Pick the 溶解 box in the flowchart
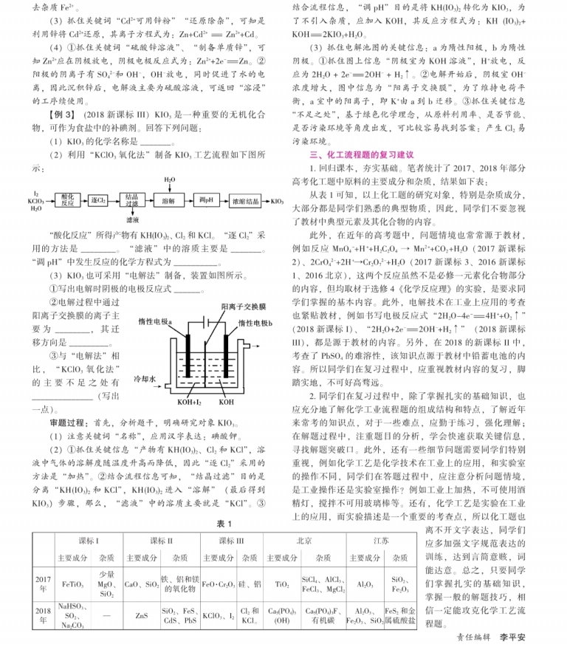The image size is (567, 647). (168, 200)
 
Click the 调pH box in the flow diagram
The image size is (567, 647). (205, 200)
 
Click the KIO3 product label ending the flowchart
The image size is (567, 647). (278, 200)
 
